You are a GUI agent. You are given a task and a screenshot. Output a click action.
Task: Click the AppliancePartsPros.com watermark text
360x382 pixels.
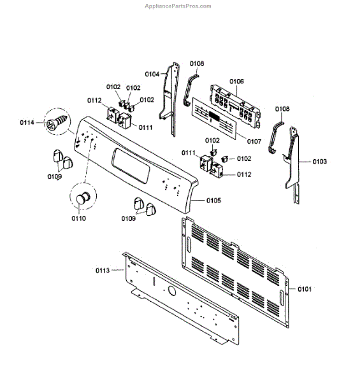[x=178, y=6]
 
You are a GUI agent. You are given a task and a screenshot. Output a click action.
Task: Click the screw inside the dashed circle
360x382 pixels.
[x=56, y=122]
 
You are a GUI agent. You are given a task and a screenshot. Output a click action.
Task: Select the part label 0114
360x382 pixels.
[x=27, y=122]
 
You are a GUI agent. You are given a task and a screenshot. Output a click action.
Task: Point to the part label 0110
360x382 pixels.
[x=78, y=218]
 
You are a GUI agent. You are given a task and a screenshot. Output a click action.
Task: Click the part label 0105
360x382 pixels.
[x=213, y=201]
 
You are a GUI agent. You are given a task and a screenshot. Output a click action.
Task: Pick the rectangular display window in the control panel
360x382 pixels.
[x=131, y=166]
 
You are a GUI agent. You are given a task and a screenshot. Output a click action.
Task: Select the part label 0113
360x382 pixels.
[x=103, y=271]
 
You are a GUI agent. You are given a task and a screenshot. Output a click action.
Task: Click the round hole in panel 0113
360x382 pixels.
[x=172, y=291]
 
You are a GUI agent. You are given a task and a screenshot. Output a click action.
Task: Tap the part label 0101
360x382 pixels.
[x=305, y=289]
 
